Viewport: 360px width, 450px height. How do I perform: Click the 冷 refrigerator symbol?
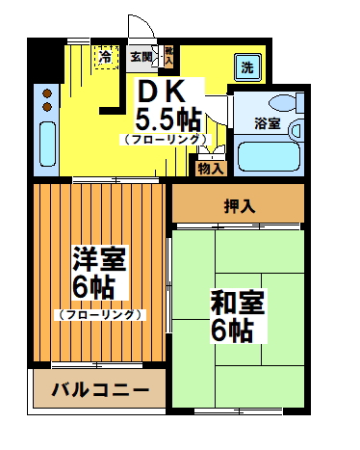coord(104,57)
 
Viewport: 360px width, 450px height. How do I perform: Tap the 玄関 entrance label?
coord(141,57)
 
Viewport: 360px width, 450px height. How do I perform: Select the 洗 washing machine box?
coord(246,68)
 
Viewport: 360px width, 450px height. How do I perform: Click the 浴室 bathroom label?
coord(267,123)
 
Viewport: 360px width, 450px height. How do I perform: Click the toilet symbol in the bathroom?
coord(286,103)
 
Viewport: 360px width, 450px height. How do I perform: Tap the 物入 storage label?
coord(210,168)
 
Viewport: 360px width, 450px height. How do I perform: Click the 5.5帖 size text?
coord(167,119)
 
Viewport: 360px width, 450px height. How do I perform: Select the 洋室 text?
coord(99,258)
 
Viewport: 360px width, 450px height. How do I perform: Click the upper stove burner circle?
coord(45,93)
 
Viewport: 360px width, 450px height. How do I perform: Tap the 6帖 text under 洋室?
coord(94,287)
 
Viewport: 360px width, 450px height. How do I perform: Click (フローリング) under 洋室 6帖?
coord(100,314)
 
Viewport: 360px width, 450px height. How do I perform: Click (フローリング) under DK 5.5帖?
coord(166,140)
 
